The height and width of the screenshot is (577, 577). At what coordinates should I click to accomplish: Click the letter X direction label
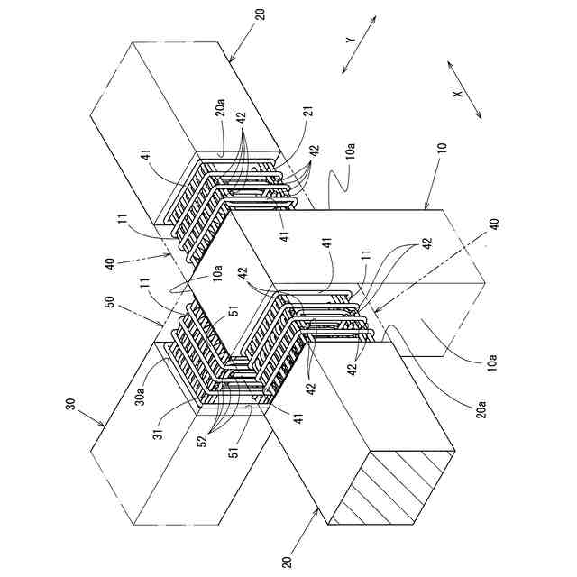click(x=458, y=93)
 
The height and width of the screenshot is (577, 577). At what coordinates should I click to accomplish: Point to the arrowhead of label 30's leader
click(x=107, y=425)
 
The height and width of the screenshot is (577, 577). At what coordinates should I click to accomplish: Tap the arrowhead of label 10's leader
click(x=423, y=209)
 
